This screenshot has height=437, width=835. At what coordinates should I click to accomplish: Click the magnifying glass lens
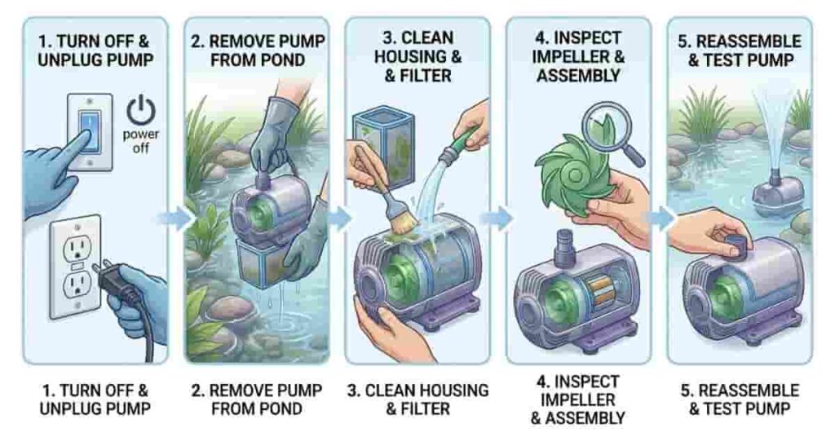point(607,130)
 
